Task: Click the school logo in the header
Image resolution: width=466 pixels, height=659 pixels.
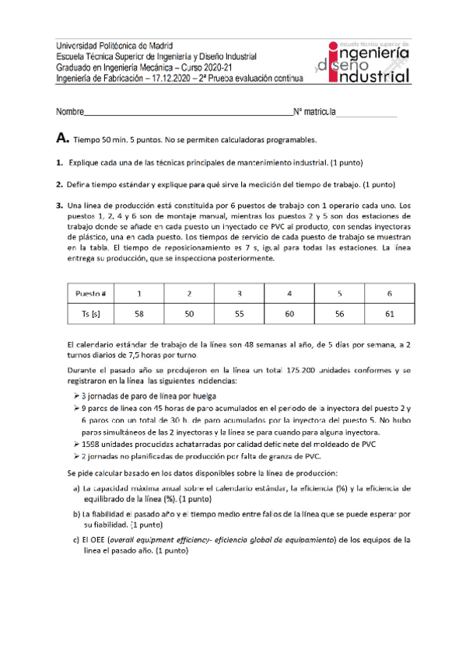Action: coord(364,62)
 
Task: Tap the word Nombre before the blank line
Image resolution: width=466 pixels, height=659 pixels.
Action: coord(69,113)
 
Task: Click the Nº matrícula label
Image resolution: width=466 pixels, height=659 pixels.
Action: coord(314,113)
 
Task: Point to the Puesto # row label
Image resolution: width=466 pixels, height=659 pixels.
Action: coord(91,295)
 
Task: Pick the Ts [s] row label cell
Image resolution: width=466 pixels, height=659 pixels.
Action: coord(91,314)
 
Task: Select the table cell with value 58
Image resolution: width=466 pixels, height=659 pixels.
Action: coord(138,314)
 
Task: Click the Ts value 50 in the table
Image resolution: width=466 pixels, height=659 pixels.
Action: coord(189,314)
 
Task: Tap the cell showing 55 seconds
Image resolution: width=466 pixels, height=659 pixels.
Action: coord(240,314)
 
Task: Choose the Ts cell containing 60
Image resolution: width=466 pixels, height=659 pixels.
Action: coord(289,314)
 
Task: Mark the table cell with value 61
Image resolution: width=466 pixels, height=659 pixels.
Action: coord(389,314)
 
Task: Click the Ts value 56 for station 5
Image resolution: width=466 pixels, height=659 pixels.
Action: coord(339,314)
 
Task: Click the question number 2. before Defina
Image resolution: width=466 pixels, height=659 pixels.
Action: coord(59,184)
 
